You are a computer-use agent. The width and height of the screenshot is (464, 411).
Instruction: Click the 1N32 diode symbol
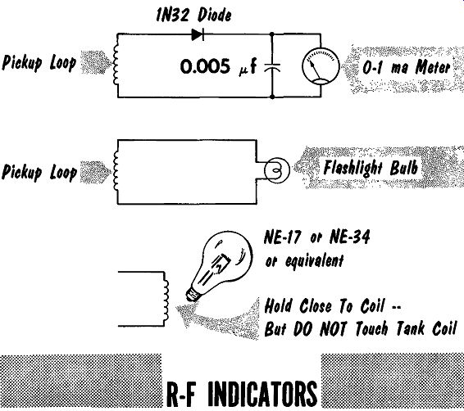[198, 34]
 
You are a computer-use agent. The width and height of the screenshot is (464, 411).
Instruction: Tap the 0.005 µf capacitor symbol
[272, 68]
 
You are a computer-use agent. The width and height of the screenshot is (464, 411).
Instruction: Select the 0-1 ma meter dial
[321, 66]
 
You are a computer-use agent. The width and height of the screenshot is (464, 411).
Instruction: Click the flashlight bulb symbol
[277, 170]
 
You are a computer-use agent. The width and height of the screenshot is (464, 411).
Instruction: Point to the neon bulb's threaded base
[193, 294]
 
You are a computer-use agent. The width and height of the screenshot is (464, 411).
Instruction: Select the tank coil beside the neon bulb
[166, 299]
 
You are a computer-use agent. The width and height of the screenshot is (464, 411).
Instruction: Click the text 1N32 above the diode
[172, 15]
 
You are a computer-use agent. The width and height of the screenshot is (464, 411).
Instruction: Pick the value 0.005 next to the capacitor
[205, 66]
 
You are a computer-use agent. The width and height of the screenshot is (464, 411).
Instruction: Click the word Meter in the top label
[432, 67]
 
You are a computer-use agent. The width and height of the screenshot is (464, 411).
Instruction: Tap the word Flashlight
[353, 168]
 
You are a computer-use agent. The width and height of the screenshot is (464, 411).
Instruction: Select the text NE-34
[349, 237]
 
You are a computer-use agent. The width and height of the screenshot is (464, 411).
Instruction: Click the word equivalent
[315, 260]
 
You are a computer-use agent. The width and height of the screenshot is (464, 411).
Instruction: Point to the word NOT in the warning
[333, 329]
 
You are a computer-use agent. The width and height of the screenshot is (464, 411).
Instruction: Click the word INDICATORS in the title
[262, 393]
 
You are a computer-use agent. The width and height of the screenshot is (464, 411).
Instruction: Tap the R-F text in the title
[181, 394]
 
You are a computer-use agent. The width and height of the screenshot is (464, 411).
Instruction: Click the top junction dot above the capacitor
[272, 34]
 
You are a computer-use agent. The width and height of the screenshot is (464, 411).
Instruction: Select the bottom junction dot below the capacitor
[272, 97]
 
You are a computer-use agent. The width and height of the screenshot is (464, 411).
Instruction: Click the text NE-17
[282, 237]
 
